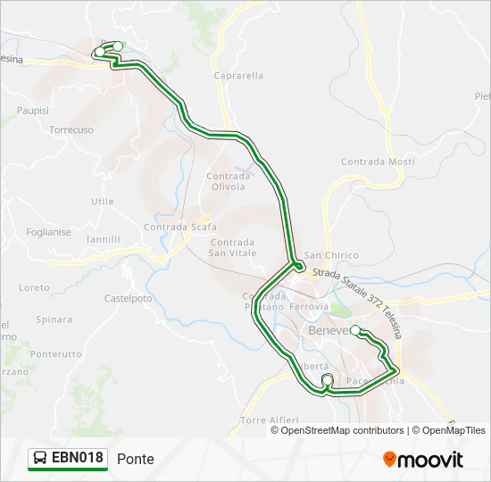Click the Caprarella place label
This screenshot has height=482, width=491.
[238, 76]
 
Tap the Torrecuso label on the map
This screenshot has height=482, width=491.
[71, 129]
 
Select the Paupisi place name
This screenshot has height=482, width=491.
[32, 111]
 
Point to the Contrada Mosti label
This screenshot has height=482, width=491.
[378, 162]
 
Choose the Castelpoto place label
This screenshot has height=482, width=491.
[129, 298]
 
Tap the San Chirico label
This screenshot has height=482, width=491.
[330, 255]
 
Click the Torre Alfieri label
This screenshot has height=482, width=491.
[269, 420]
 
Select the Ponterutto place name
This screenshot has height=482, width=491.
[55, 353]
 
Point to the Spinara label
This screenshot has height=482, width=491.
[54, 319]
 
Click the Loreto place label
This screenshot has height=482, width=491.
[34, 287]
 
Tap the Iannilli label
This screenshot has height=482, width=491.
[103, 239]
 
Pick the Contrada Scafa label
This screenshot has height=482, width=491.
[179, 227]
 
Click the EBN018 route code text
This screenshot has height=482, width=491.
[78, 458]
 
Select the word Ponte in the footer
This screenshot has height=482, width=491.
[135, 459]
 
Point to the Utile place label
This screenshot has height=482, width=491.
[103, 201]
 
